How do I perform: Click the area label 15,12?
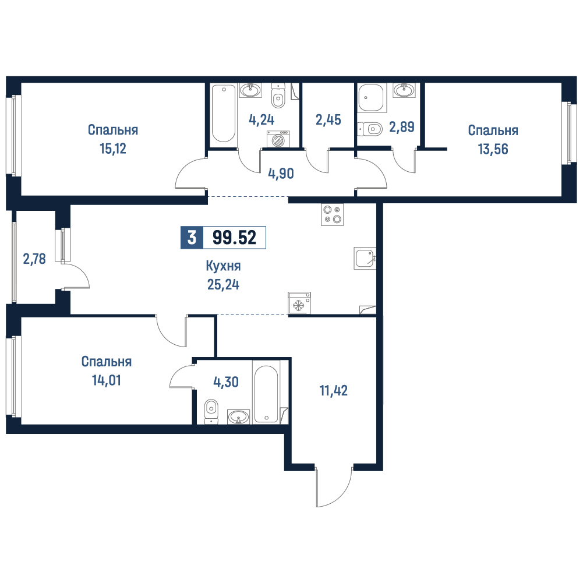[x=113, y=149]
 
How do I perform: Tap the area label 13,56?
[x=493, y=149]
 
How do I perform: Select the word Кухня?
[x=223, y=266]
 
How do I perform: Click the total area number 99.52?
[x=234, y=237]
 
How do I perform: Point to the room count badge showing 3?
[x=192, y=237]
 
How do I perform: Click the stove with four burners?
[x=332, y=214]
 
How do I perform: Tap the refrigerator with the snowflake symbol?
[x=299, y=303]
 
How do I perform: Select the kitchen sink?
[x=365, y=259]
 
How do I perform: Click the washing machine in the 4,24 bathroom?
[x=278, y=139]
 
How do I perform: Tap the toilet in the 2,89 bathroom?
[x=370, y=129]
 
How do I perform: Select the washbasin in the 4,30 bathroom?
[x=238, y=417]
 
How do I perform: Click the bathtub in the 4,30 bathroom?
[x=266, y=394]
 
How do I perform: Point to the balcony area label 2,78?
[x=34, y=259]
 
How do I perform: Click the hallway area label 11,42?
[x=334, y=391]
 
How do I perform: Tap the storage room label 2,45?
[x=328, y=120]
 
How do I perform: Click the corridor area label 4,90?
[x=281, y=174]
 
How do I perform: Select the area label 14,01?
[x=107, y=381]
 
